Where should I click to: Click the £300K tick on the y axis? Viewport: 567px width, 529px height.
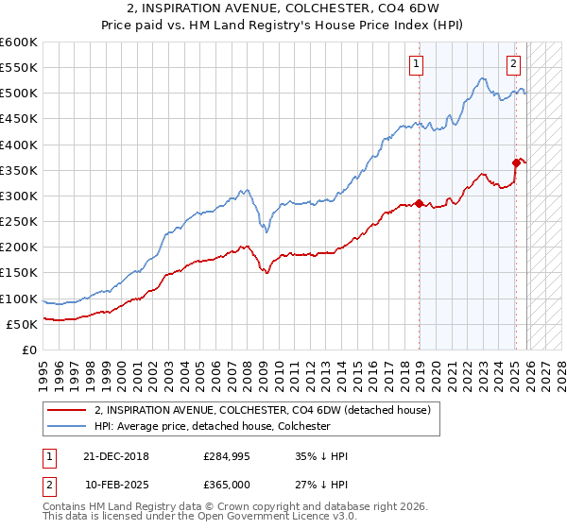19,196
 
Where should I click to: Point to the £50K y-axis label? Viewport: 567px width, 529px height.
22,324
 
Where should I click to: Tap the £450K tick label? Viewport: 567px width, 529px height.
19,119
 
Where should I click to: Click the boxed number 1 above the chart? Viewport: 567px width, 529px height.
417,64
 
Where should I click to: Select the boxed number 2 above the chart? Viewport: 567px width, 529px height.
512,64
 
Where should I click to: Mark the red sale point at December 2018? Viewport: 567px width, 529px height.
420,203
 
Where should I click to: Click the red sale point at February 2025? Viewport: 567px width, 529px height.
517,162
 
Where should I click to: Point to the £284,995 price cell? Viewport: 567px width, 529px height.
224,456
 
